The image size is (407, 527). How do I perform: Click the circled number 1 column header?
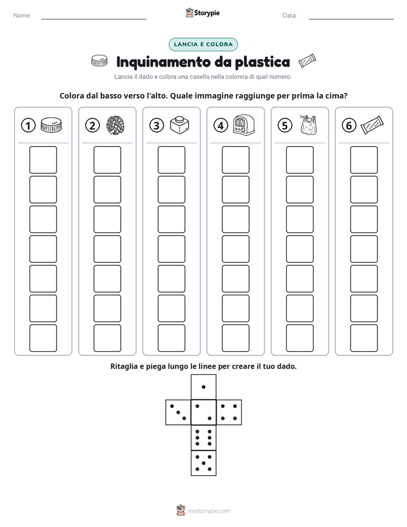click(x=28, y=125)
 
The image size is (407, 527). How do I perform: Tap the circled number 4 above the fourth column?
click(x=221, y=125)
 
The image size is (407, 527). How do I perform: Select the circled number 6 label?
click(x=349, y=125)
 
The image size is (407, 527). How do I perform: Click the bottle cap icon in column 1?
click(x=51, y=125)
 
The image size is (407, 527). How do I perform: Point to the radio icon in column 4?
click(x=244, y=125)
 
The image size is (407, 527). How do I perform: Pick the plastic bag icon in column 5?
click(x=308, y=125)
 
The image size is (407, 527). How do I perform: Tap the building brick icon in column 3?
click(x=180, y=125)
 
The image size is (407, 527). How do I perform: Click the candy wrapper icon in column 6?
click(x=372, y=125)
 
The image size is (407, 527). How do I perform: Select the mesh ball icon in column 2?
click(x=116, y=125)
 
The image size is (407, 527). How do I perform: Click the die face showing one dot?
click(x=203, y=387)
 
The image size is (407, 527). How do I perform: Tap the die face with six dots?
click(x=203, y=437)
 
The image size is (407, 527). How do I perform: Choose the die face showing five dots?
click(x=203, y=463)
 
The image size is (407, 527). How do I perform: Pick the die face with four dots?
click(x=229, y=412)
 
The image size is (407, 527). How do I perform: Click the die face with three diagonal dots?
click(x=178, y=412)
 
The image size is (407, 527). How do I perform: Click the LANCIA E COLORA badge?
click(x=203, y=44)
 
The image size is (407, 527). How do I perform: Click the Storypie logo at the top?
click(x=202, y=13)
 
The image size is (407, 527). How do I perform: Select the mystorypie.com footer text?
click(x=209, y=511)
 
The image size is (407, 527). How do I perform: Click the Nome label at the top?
click(x=22, y=15)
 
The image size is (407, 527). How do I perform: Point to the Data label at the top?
click(x=290, y=15)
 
